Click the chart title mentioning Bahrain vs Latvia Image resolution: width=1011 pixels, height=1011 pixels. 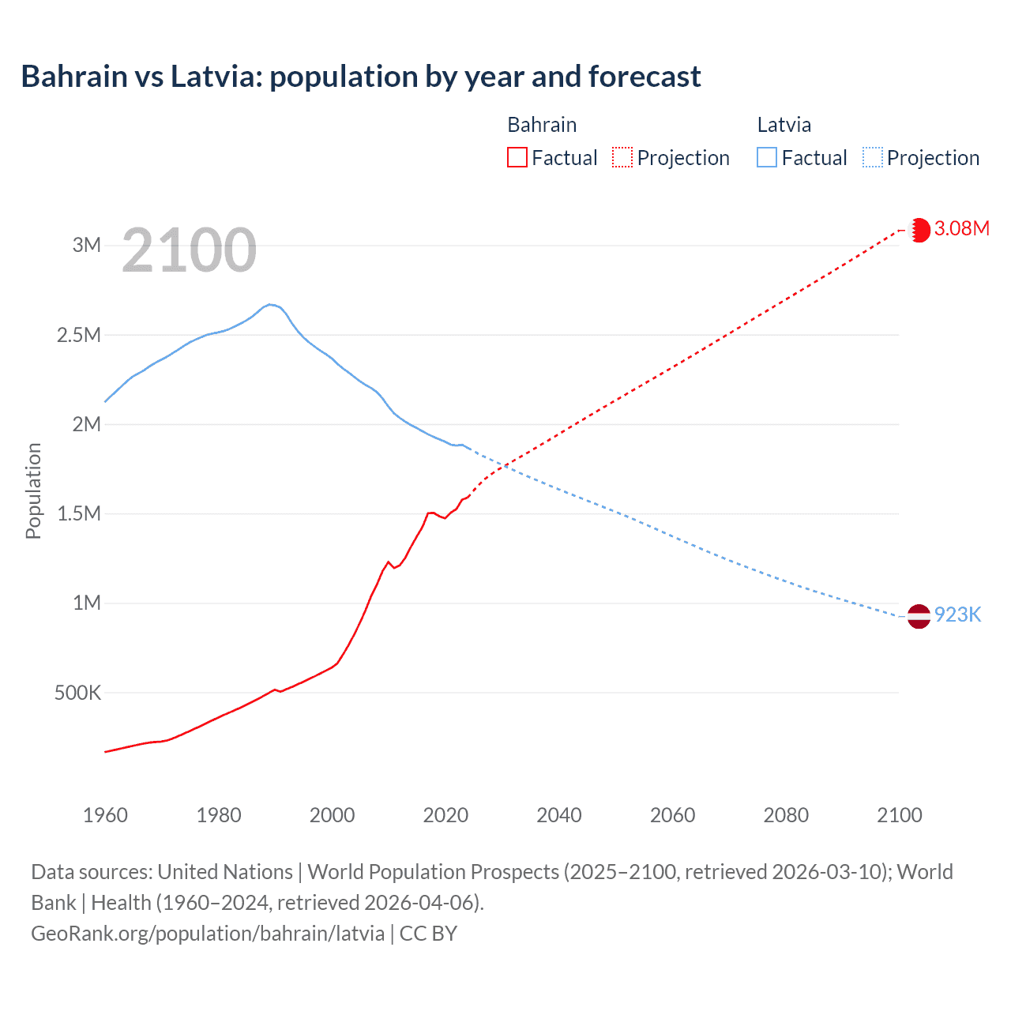360,77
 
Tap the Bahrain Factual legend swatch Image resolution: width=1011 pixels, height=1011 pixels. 517,157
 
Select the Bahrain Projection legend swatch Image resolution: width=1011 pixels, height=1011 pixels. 622,157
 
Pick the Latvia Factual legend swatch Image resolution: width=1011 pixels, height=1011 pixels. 767,157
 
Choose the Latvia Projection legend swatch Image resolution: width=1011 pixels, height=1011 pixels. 872,157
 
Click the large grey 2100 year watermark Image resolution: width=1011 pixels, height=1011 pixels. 189,250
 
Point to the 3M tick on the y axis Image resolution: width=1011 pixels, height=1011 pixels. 87,245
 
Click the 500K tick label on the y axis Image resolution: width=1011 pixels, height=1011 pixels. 77,693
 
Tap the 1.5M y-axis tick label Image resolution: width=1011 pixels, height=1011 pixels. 79,514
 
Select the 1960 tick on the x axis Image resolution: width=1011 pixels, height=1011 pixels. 105,815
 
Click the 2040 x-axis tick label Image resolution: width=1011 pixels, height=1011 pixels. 559,815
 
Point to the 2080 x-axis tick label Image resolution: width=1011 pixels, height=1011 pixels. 786,815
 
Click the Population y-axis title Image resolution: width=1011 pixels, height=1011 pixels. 33,490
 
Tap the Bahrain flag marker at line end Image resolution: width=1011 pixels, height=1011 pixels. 919,230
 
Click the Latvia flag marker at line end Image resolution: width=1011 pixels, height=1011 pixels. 919,616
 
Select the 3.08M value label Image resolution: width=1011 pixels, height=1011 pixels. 961,229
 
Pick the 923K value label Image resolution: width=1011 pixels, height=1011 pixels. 957,615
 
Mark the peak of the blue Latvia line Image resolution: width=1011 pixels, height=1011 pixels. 269,304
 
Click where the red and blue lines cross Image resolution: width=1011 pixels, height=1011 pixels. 502,466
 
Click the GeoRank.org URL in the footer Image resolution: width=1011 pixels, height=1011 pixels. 208,934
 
